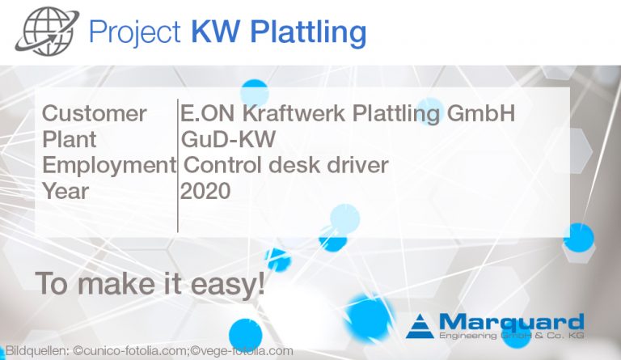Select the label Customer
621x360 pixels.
pos(94,113)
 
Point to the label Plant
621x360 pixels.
pos(69,139)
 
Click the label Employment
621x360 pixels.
pos(108,165)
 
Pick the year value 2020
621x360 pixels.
pos(205,191)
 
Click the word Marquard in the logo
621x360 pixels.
pos(510,320)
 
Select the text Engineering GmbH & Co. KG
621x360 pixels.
pos(510,334)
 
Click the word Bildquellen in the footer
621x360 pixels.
pos(36,351)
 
